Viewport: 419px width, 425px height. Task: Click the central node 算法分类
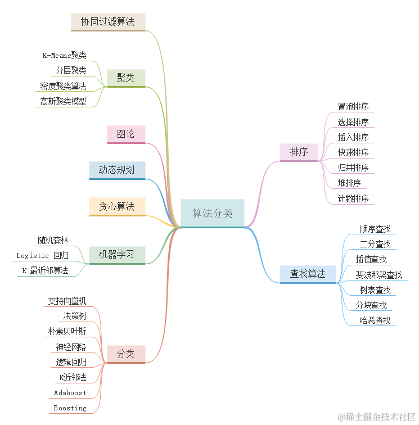[213, 213]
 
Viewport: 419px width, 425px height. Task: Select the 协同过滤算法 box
[108, 21]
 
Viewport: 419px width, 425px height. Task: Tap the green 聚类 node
[126, 78]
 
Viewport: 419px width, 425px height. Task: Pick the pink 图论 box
[126, 134]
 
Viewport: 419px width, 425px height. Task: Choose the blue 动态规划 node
[117, 170]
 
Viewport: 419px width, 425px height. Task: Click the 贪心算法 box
[117, 206]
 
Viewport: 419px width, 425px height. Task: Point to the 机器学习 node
[117, 254]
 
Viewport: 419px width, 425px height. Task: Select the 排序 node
[299, 152]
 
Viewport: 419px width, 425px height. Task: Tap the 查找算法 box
[308, 274]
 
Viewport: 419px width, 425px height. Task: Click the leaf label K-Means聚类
[65, 55]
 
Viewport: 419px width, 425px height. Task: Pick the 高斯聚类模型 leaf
[63, 101]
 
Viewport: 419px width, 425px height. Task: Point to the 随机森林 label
[53, 240]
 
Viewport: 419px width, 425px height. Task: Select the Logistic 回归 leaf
[43, 255]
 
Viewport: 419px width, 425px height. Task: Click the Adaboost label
[70, 392]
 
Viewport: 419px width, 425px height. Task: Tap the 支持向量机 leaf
[67, 301]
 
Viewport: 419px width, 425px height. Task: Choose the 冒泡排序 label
[353, 107]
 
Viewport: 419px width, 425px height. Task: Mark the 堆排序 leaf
[349, 183]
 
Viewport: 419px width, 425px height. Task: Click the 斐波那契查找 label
[379, 275]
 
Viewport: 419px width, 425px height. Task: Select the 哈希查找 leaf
[375, 320]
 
